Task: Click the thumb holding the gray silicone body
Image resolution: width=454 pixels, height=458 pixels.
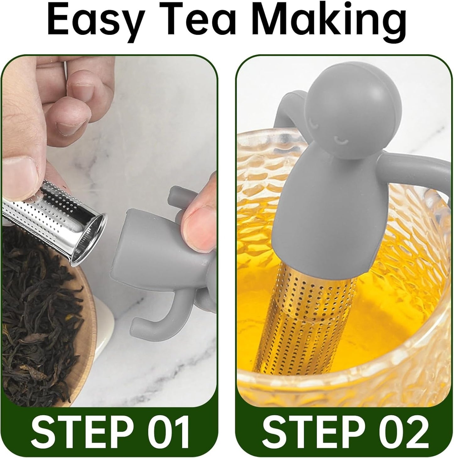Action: click(201, 220)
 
